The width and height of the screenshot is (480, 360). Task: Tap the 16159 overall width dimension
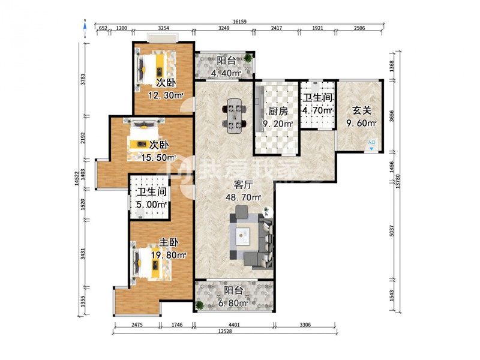pyautogui.click(x=239, y=22)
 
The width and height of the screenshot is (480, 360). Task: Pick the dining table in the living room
pyautogui.click(x=235, y=115)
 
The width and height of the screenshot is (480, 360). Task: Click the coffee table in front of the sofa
pyautogui.click(x=244, y=236)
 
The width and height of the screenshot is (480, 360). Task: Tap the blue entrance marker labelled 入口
pyautogui.click(x=371, y=145)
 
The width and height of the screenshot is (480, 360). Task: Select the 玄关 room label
pyautogui.click(x=362, y=110)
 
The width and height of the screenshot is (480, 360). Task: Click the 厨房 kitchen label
pyautogui.click(x=278, y=112)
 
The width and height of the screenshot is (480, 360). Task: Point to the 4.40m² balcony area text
pyautogui.click(x=226, y=73)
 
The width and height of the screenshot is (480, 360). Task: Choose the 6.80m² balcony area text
pyautogui.click(x=233, y=303)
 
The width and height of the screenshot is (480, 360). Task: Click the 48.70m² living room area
pyautogui.click(x=244, y=197)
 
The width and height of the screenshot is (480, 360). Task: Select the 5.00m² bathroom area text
pyautogui.click(x=152, y=205)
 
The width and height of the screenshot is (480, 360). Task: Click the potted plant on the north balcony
pyautogui.click(x=248, y=57)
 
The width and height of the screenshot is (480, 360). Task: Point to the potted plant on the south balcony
pyautogui.click(x=200, y=305)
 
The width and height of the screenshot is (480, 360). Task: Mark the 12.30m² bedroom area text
pyautogui.click(x=166, y=95)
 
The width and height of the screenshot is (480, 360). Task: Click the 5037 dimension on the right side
pyautogui.click(x=392, y=230)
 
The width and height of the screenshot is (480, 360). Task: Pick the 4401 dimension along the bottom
pyautogui.click(x=234, y=325)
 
